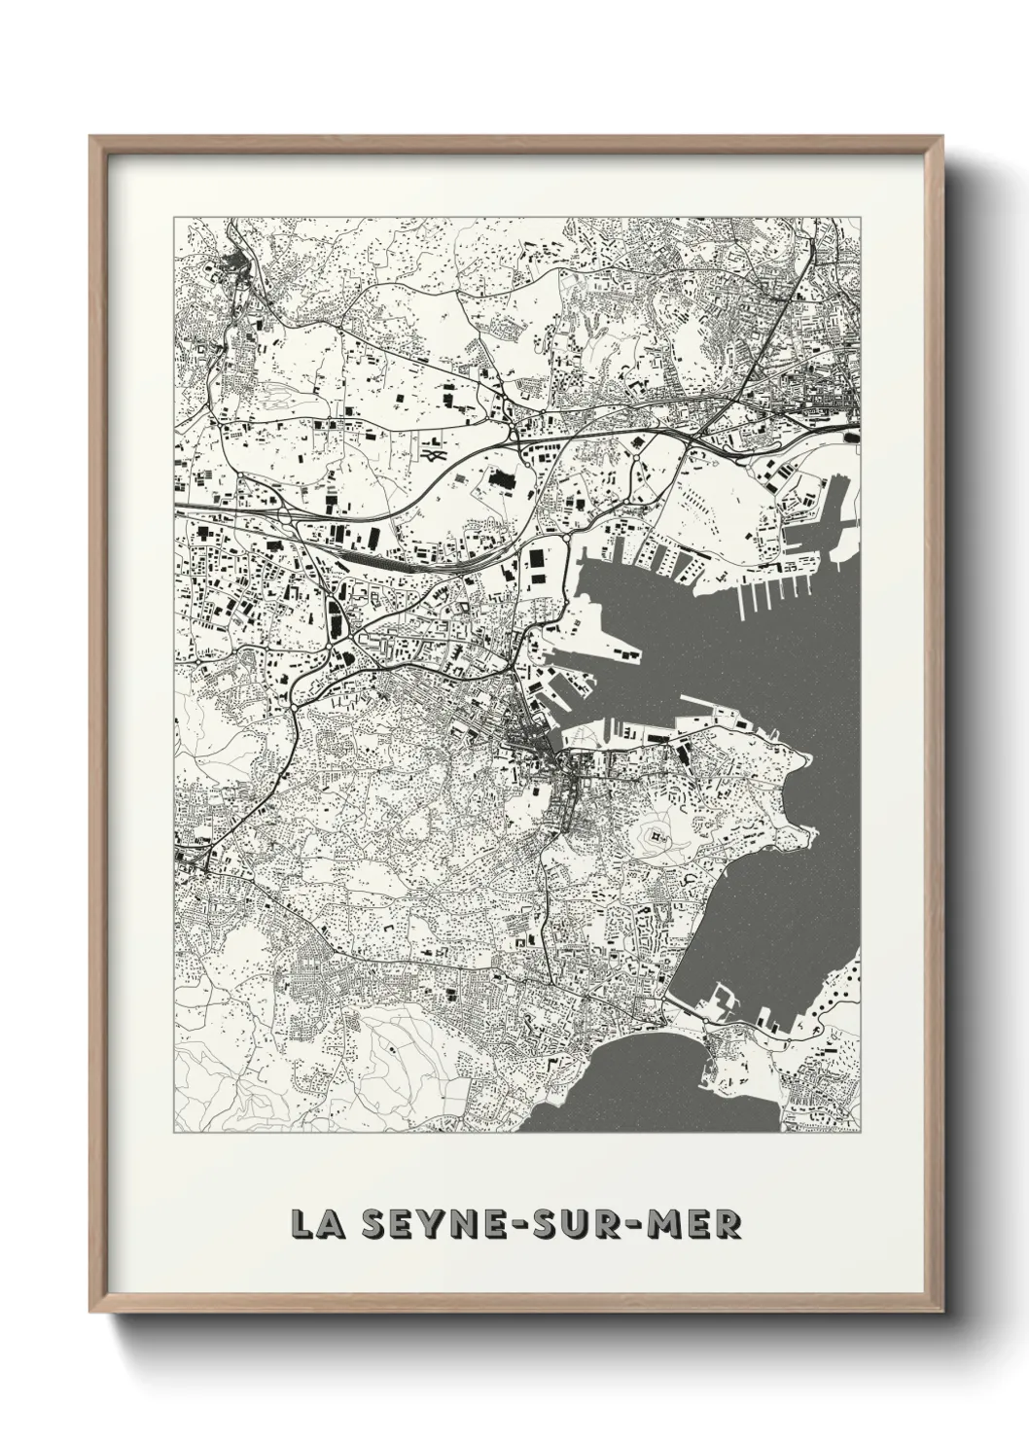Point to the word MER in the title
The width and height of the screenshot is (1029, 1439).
coord(699,1223)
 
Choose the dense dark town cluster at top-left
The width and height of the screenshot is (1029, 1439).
coord(236,263)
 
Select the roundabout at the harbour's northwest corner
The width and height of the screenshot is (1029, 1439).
coord(565,538)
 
